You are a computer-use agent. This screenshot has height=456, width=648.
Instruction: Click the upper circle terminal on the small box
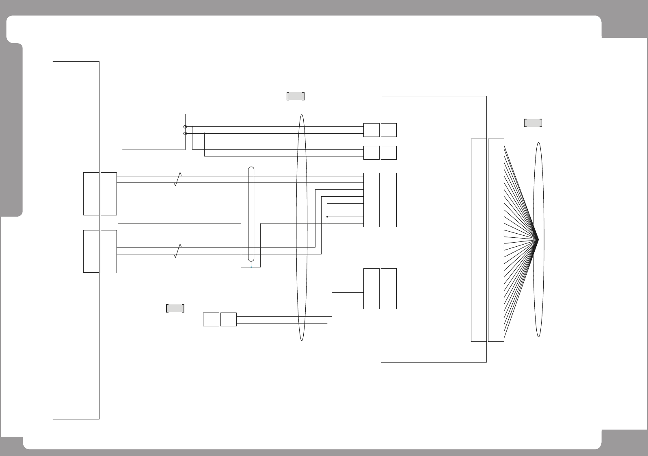coord(185,127)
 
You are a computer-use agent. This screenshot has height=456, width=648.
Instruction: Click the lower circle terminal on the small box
coord(185,133)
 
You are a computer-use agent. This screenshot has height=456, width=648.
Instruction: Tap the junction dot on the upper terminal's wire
coord(192,127)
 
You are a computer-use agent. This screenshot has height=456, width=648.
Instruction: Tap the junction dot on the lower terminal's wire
coord(204,133)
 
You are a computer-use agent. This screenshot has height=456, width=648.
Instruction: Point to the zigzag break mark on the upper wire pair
coord(177,179)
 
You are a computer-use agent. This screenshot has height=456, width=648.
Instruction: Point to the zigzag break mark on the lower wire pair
coord(177,251)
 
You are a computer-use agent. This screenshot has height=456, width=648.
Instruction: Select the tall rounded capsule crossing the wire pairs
coord(251,214)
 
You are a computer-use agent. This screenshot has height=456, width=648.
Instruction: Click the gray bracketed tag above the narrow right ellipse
coord(533,123)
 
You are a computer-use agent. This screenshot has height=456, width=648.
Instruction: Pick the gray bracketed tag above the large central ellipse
coord(296,96)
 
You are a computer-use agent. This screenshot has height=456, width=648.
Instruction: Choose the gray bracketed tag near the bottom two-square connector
coord(175,308)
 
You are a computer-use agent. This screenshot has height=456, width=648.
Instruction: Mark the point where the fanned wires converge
coord(538,239)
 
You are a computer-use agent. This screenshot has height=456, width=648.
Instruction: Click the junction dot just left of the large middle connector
coord(327,217)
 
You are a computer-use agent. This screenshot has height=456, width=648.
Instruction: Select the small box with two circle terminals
coord(153,132)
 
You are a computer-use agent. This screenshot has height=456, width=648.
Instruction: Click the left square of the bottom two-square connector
coord(211,319)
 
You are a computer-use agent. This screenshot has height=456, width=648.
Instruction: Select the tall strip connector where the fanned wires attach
coord(496,240)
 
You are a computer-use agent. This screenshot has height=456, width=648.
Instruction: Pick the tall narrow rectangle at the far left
coord(76,240)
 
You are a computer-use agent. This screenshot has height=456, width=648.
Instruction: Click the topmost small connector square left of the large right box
coord(371,130)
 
